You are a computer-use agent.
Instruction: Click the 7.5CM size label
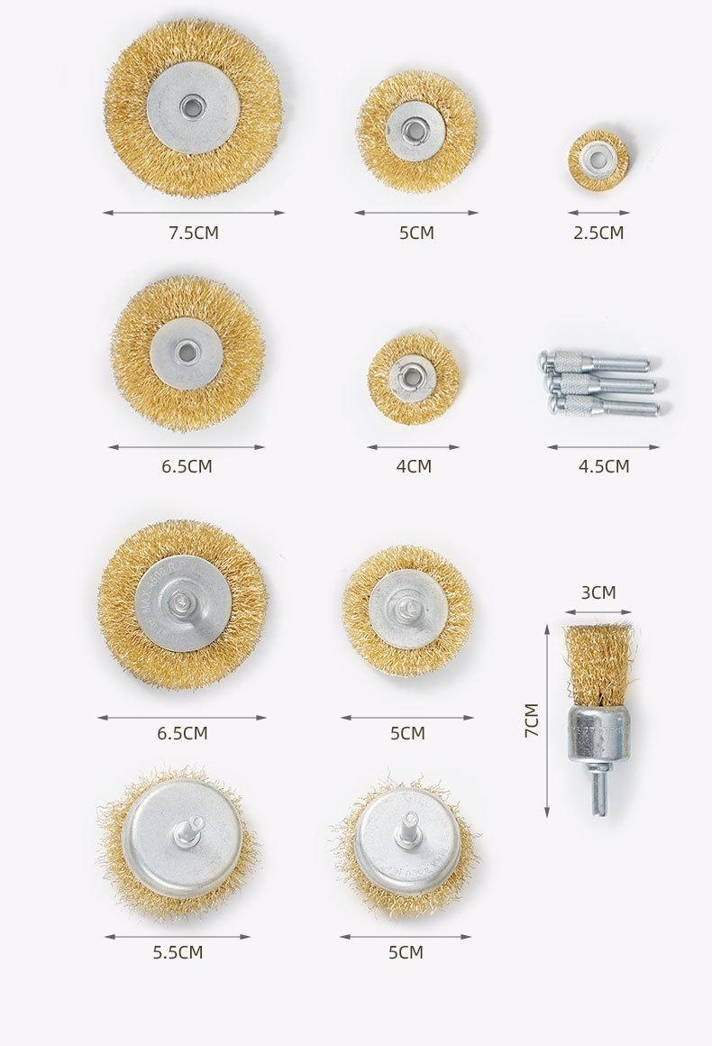194,233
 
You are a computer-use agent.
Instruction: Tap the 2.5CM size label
598,233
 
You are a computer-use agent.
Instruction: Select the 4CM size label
414,466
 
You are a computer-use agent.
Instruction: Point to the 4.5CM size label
603,466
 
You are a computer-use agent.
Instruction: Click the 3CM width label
598,592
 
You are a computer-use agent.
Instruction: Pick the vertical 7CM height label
532,720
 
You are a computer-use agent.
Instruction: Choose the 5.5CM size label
178,952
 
